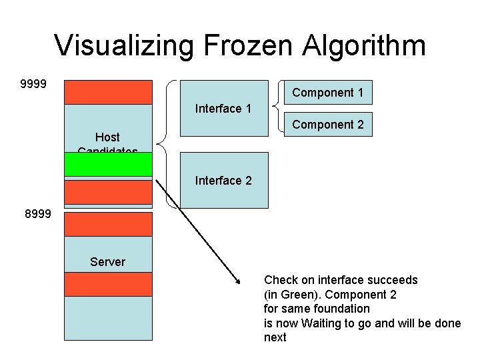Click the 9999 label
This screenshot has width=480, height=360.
(33, 85)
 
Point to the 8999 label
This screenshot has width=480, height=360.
(37, 215)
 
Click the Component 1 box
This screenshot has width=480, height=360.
(327, 93)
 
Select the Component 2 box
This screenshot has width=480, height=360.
(327, 125)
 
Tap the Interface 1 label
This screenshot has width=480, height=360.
(223, 109)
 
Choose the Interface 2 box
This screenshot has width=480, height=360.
(223, 180)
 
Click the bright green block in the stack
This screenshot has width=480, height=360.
(109, 163)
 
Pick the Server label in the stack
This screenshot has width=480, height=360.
(107, 262)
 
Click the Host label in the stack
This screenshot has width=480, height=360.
(107, 137)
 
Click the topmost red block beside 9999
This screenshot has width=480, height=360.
(109, 92)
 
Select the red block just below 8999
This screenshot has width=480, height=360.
(109, 223)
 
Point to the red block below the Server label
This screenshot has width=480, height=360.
(109, 285)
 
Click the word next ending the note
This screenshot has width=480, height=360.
(275, 337)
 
